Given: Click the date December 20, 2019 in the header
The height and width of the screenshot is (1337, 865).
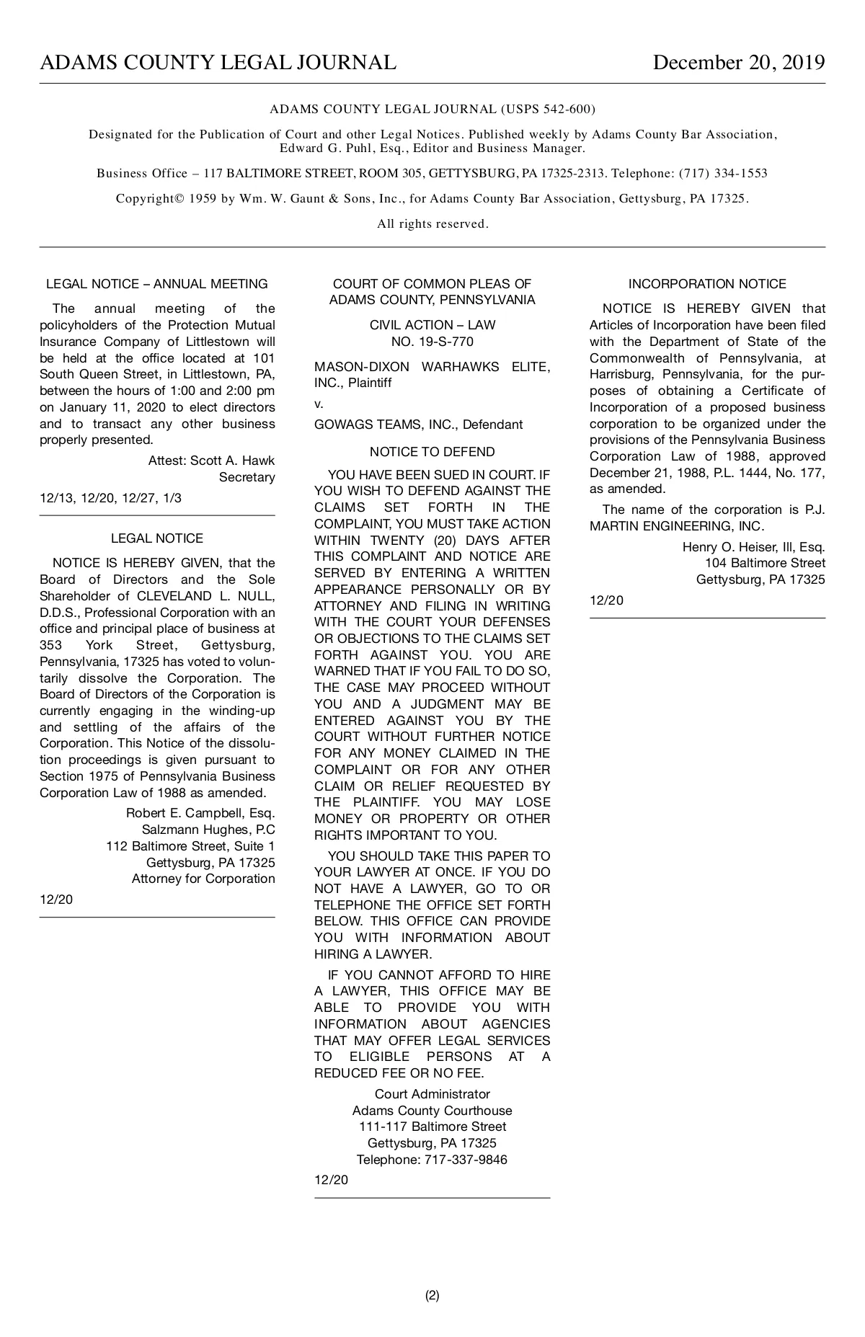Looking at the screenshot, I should coord(738,63).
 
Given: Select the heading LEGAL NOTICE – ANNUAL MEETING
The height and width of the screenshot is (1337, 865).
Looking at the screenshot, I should coord(157,284).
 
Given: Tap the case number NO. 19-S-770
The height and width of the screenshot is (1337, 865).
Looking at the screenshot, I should coord(432,342).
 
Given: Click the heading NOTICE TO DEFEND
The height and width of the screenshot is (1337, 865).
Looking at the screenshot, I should coord(432,452).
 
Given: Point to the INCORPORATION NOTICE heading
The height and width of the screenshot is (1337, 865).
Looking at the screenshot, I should coord(707,284).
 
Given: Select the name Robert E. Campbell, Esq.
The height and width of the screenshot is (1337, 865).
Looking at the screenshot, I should coord(200,813).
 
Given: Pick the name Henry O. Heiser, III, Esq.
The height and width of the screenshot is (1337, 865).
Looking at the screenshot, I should coord(753,547).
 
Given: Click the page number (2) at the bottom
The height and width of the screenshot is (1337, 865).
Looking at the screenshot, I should coord(432,1295).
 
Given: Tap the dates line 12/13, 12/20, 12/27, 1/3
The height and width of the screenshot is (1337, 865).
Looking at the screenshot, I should coord(110,498).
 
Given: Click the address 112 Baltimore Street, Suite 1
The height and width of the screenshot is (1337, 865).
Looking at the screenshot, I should coord(190,846).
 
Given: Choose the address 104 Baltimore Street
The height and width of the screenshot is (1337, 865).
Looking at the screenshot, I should coord(765,563).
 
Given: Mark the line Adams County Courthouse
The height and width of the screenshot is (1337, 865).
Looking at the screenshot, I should coord(432,1111).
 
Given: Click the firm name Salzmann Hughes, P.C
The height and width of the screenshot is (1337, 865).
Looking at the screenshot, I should coord(208,830).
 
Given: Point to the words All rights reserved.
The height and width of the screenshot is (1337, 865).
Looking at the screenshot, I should coord(432,224).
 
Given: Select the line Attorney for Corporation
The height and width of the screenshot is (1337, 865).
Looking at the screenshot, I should coord(203,879).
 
